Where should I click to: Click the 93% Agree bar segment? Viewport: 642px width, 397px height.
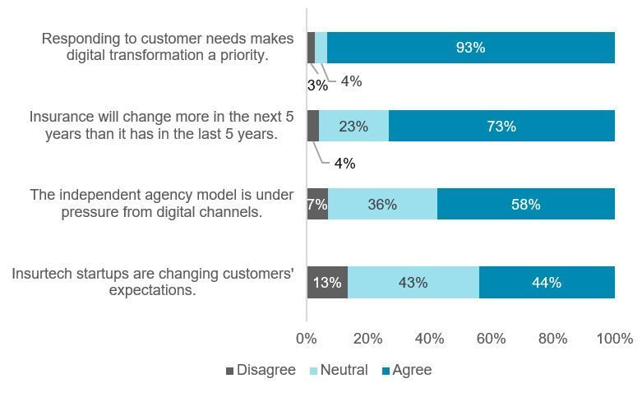pyautogui.click(x=470, y=48)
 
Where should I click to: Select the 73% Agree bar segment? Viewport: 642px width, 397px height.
pyautogui.click(x=501, y=127)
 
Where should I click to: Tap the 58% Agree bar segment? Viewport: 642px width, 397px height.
pyautogui.click(x=525, y=204)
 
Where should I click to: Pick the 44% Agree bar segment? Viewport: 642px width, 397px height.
pyautogui.click(x=547, y=282)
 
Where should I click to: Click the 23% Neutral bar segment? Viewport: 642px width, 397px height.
pyautogui.click(x=353, y=127)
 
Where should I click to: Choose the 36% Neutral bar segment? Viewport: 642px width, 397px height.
pyautogui.click(x=382, y=204)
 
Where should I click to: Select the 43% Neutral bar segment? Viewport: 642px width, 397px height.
pyautogui.click(x=413, y=282)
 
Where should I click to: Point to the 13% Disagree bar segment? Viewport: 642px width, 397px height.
pyautogui.click(x=327, y=282)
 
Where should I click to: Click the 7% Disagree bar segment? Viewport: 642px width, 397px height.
pyautogui.click(x=317, y=204)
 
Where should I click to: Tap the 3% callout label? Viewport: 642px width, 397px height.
pyautogui.click(x=317, y=85)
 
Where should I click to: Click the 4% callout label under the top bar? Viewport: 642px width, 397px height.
pyautogui.click(x=351, y=81)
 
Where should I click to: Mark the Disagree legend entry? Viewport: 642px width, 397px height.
pyautogui.click(x=260, y=370)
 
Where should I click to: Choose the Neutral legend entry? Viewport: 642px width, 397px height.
pyautogui.click(x=337, y=370)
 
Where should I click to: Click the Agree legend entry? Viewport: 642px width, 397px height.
pyautogui.click(x=406, y=370)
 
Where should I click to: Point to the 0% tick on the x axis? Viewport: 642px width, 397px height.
pyautogui.click(x=307, y=339)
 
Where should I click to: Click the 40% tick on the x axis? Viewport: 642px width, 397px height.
pyautogui.click(x=430, y=339)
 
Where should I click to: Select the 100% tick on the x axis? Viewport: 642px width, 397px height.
pyautogui.click(x=614, y=339)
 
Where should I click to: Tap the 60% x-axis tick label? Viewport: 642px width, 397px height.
pyautogui.click(x=492, y=339)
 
